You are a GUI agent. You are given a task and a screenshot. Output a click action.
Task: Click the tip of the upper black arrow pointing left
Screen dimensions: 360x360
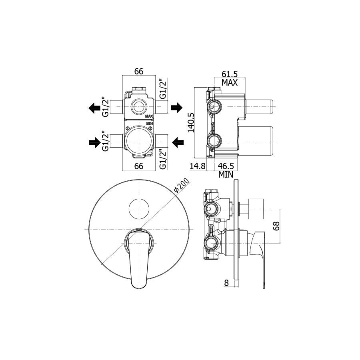tap(89, 108)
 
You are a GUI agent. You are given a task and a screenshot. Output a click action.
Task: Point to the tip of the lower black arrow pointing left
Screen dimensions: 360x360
tap(172, 143)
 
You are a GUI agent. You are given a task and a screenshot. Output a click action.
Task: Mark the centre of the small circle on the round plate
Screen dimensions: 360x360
tap(139, 209)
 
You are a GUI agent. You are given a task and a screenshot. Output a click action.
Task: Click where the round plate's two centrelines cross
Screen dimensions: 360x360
tap(139, 230)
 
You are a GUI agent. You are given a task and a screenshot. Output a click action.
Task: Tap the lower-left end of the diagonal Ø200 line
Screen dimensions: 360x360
tap(101, 265)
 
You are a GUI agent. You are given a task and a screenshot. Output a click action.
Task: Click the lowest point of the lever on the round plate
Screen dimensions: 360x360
tap(139, 288)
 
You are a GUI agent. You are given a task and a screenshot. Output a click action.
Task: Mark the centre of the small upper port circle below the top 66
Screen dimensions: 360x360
tap(139, 107)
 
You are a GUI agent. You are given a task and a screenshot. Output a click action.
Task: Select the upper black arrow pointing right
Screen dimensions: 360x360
tap(176, 108)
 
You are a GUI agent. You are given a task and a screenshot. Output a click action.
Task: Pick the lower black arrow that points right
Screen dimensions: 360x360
tap(95, 143)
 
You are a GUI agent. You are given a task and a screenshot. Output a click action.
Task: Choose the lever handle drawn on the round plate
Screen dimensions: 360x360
tap(139, 258)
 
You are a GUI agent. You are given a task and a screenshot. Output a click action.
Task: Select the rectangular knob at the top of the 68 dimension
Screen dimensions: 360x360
tap(256, 209)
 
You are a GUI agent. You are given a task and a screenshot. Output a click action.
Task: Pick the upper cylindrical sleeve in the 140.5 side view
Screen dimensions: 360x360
tap(259, 107)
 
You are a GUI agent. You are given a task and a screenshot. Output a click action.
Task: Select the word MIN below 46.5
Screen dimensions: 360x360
tap(226, 175)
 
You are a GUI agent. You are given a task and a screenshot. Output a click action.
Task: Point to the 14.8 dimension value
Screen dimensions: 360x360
tap(198, 166)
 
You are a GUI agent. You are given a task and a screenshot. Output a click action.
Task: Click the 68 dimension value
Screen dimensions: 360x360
tap(276, 226)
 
